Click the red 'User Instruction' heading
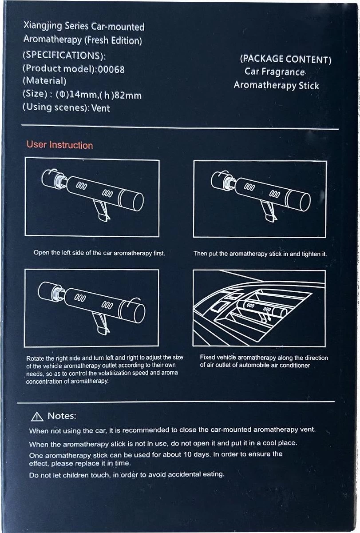coord(59,145)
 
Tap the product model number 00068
coord(111,69)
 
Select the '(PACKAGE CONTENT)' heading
coord(285,60)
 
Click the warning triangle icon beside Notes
coord(37,417)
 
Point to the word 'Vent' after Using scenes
coord(100,108)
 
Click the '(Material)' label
coord(44,82)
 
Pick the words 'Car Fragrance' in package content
coord(274,72)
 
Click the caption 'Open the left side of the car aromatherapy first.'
coord(99,253)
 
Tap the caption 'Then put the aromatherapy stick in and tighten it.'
coord(260,254)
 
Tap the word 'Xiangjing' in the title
coord(41,27)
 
